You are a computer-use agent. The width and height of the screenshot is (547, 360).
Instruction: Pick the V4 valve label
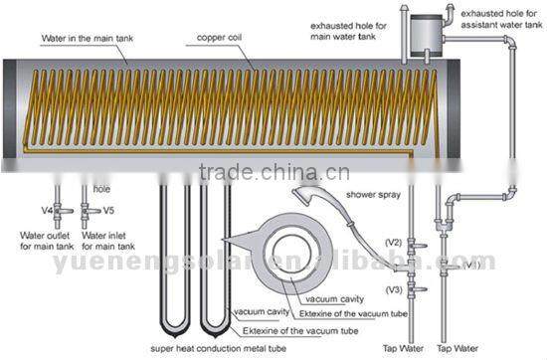click(47, 211)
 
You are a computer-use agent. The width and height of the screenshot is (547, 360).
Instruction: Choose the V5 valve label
click(109, 211)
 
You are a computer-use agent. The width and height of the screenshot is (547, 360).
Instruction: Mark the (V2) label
click(393, 242)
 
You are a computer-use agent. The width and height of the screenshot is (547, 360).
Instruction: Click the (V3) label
click(393, 288)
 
